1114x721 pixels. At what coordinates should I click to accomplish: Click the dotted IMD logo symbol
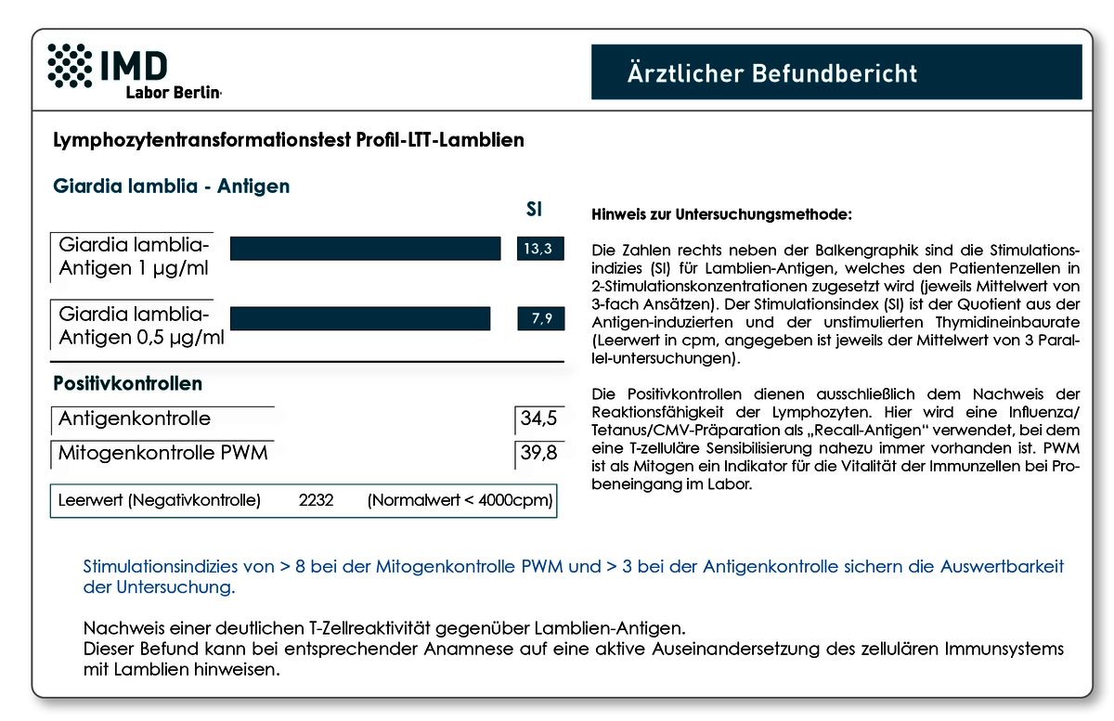[70, 66]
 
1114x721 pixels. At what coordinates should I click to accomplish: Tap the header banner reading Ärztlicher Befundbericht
[836, 72]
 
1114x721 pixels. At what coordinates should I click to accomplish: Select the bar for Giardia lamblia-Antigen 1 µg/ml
[365, 248]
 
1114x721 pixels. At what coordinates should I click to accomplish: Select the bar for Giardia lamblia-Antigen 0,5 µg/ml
[360, 318]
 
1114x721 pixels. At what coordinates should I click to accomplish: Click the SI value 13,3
[540, 248]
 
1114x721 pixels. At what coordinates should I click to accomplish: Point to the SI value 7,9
[540, 318]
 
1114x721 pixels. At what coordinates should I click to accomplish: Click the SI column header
[534, 210]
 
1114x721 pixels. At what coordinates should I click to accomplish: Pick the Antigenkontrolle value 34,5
[539, 418]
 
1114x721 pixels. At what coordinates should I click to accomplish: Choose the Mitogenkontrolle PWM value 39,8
[539, 453]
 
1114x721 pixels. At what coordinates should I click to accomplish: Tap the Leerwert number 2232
[316, 500]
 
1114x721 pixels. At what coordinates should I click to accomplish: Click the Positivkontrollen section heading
[127, 383]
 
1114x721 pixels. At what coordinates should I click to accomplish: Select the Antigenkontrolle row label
[135, 418]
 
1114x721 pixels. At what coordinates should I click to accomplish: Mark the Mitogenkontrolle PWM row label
[162, 453]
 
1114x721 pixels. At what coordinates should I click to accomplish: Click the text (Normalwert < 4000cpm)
[460, 500]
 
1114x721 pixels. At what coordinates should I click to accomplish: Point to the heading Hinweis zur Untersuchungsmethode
[721, 214]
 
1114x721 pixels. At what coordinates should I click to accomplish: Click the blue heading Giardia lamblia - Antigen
[171, 186]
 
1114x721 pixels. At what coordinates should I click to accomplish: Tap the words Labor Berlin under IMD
[173, 93]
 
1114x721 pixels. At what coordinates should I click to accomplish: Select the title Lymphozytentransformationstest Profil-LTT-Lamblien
[289, 140]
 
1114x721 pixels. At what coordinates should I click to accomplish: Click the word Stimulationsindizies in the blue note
[178, 566]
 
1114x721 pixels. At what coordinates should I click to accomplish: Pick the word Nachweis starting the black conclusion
[123, 628]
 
